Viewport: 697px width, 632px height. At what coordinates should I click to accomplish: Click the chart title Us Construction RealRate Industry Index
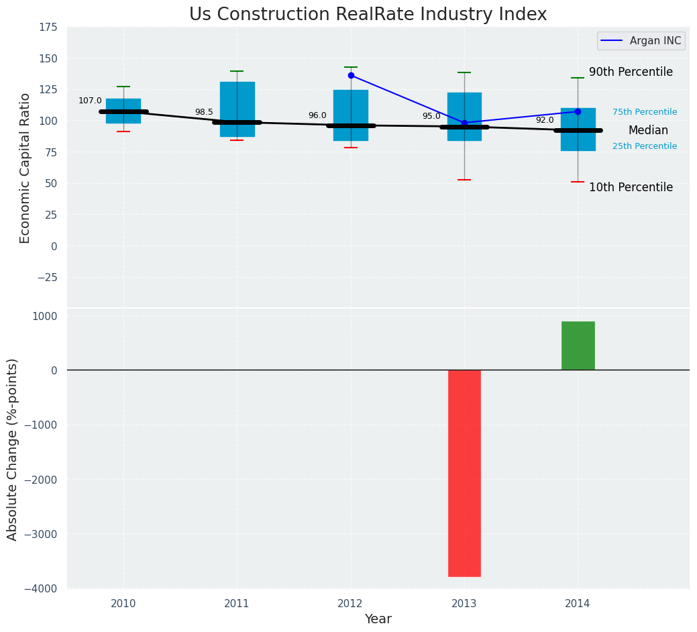[x=368, y=15]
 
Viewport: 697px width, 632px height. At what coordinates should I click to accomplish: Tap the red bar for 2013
[x=464, y=473]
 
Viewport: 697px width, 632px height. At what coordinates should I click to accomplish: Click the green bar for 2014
[x=578, y=346]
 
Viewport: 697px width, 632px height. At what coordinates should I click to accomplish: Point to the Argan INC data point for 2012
[x=351, y=75]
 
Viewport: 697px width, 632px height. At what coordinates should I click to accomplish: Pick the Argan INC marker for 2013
[x=464, y=123]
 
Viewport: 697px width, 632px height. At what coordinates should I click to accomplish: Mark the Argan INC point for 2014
[x=578, y=111]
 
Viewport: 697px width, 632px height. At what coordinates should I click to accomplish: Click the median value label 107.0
[x=90, y=101]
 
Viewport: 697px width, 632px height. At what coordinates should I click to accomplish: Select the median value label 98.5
[x=204, y=113]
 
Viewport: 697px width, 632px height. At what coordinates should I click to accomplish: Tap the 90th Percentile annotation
[x=631, y=72]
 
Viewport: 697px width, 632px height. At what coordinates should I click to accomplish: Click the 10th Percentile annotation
[x=631, y=188]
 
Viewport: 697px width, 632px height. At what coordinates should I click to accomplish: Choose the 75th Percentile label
[x=645, y=113]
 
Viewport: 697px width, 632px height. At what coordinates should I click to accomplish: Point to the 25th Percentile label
[x=645, y=146]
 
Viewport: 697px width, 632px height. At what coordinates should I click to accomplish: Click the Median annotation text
[x=648, y=131]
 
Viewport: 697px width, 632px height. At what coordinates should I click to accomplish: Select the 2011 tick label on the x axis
[x=237, y=604]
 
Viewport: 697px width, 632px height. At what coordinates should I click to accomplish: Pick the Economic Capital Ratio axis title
[x=25, y=168]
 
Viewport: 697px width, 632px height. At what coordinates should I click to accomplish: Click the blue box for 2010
[x=123, y=111]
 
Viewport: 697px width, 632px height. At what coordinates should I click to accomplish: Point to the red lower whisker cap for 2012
[x=351, y=148]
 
